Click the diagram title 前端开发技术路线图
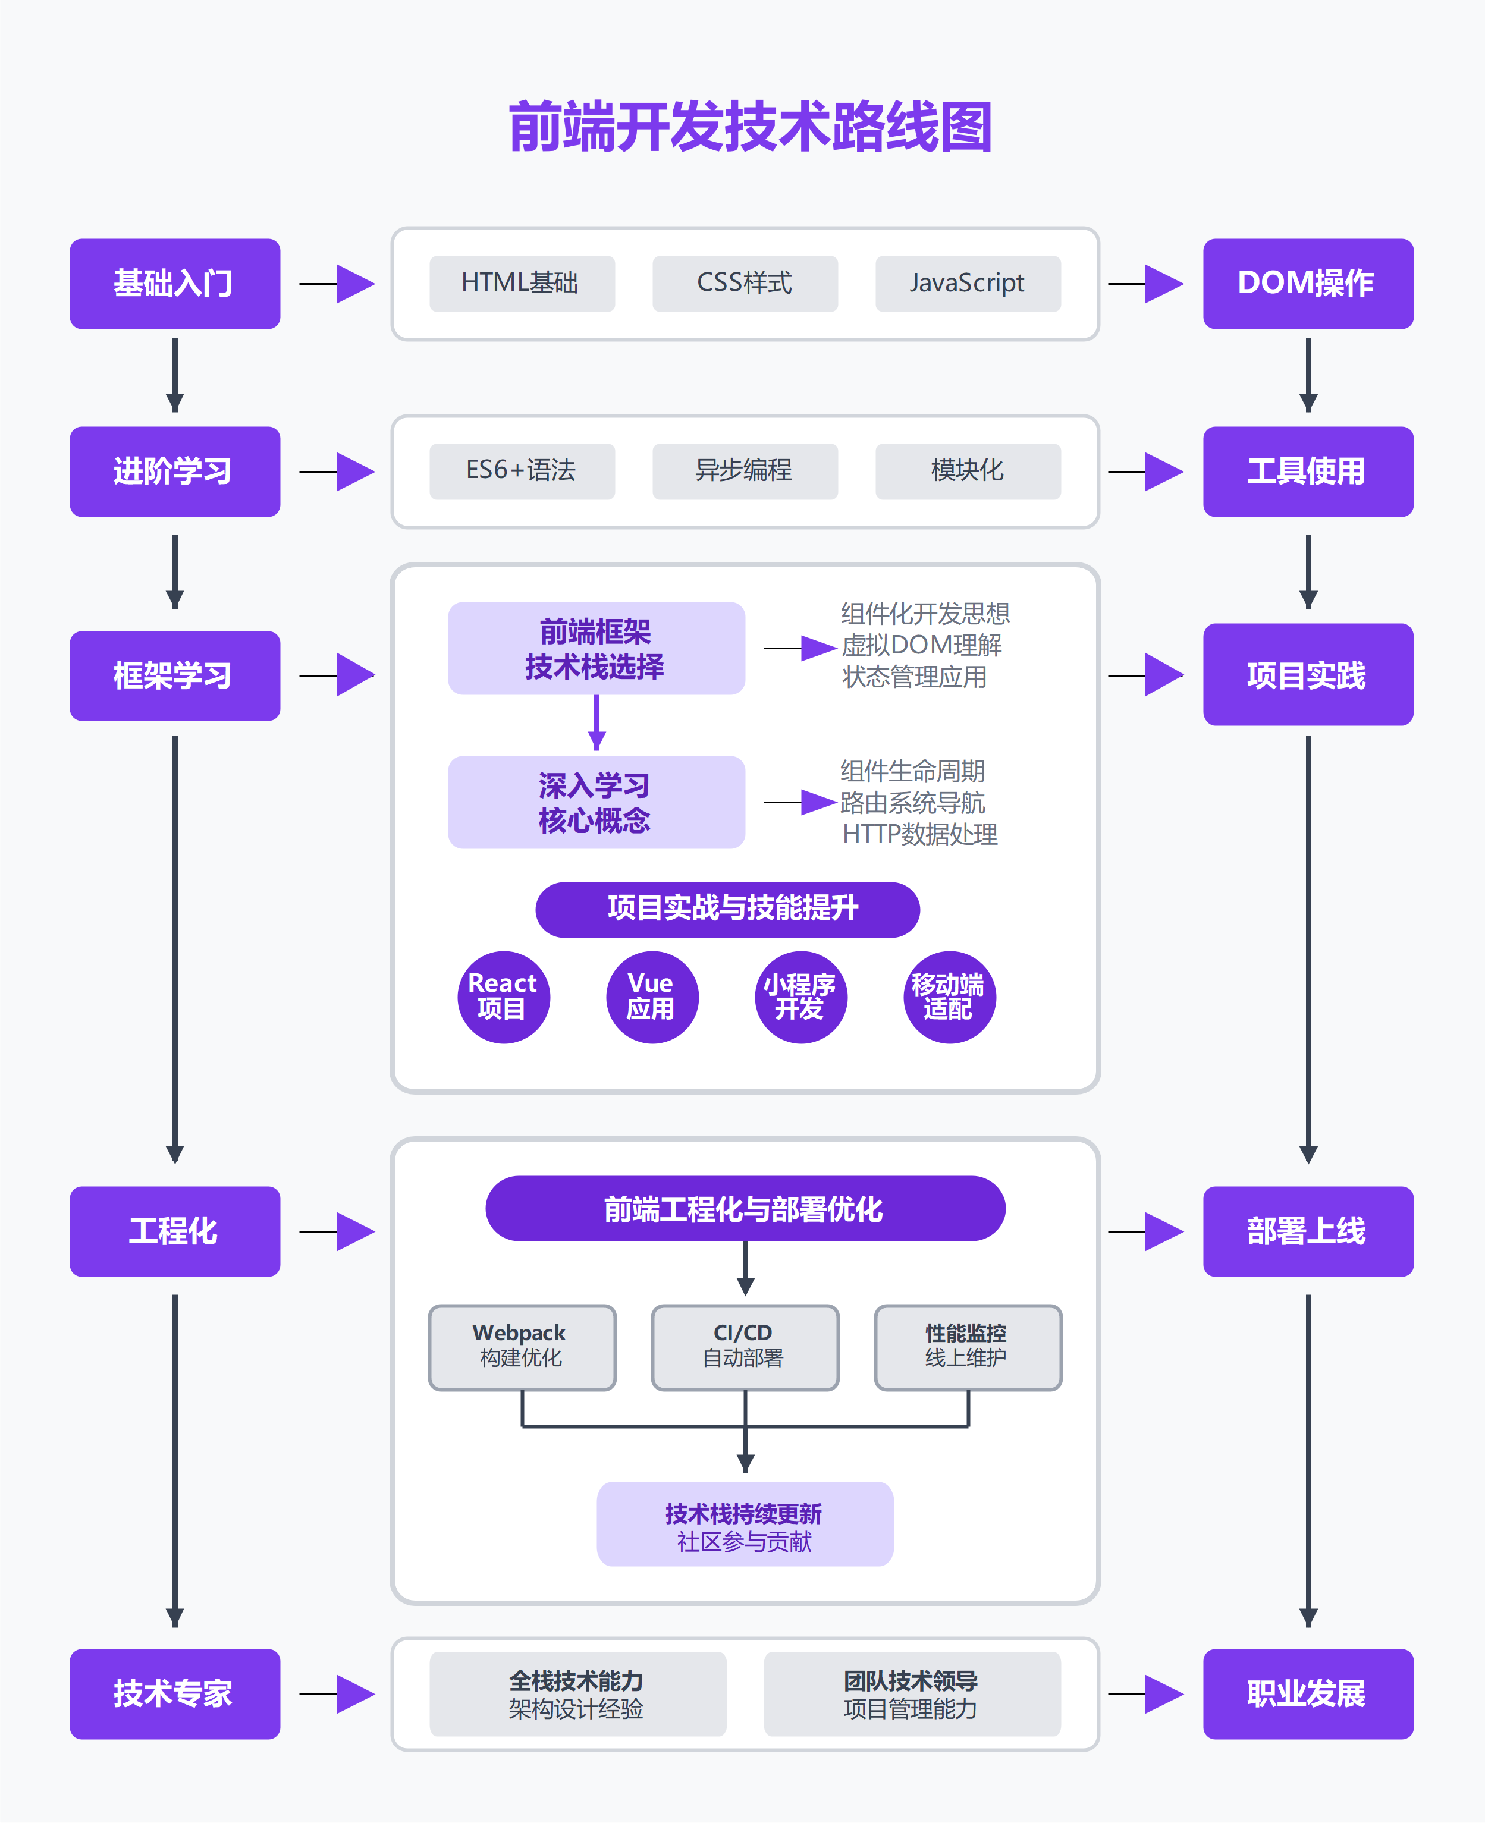[749, 127]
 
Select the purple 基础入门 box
[174, 283]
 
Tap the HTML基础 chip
[521, 283]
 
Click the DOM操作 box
[1307, 283]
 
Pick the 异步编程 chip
[744, 471]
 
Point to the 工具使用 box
[1307, 471]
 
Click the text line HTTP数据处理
[919, 834]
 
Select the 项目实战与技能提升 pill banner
[727, 909]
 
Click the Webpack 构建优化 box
[521, 1347]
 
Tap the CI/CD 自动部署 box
[744, 1347]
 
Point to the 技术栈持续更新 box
[744, 1524]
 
